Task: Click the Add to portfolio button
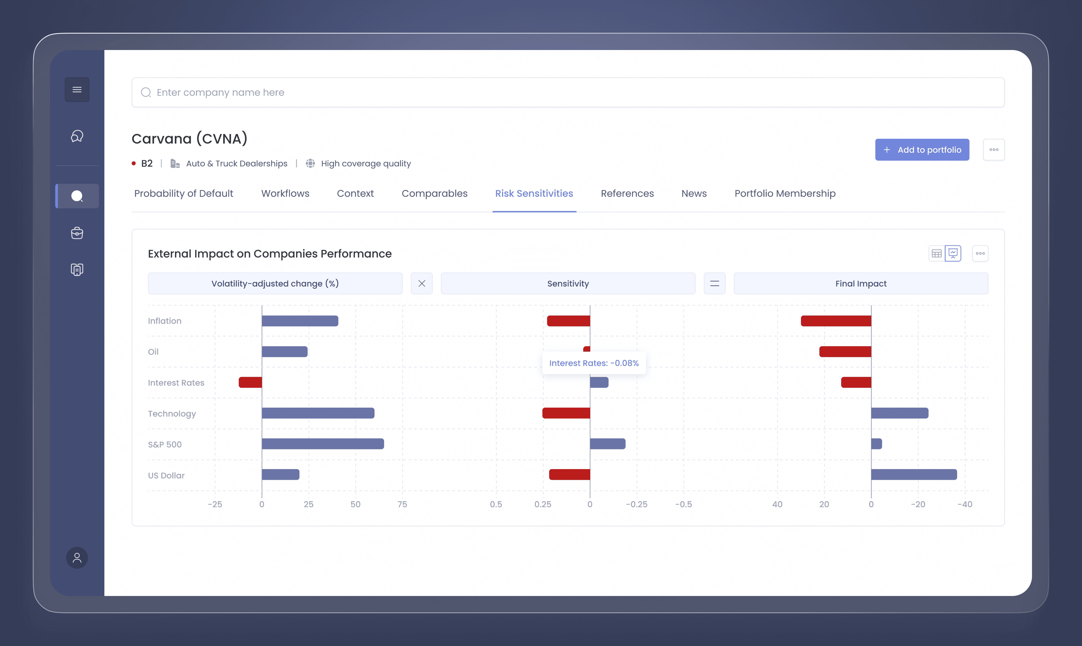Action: [x=922, y=150]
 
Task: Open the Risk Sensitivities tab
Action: [x=534, y=193]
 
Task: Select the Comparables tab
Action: [x=434, y=193]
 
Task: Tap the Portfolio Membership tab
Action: [x=785, y=193]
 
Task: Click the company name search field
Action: [x=568, y=92]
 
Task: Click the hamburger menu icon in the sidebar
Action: [x=77, y=90]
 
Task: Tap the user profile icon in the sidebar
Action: [x=77, y=558]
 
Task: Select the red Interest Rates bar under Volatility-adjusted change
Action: [x=250, y=382]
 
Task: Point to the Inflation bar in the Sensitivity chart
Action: [x=568, y=321]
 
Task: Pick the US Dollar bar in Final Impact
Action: [x=914, y=474]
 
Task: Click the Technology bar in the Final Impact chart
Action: [x=900, y=413]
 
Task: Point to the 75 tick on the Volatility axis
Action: [x=402, y=504]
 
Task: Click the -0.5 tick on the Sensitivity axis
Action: [x=683, y=504]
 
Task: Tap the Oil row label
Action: [x=153, y=352]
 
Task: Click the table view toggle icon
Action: [x=937, y=253]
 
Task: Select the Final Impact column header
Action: [x=861, y=283]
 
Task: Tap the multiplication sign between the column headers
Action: [x=422, y=283]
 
